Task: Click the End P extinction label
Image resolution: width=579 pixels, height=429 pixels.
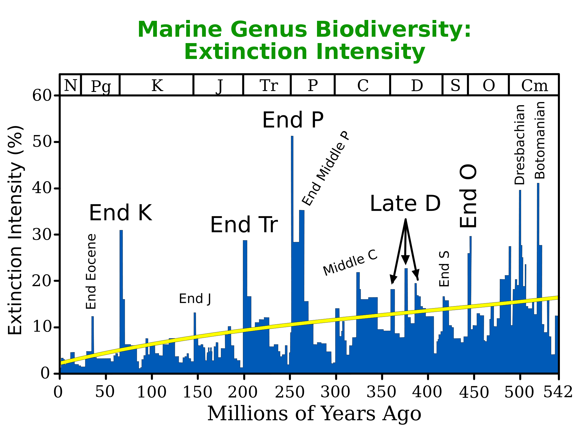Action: [x=293, y=120]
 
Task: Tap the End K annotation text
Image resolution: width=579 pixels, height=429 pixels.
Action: [x=120, y=213]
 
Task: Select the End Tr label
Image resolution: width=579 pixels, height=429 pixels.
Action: [x=244, y=225]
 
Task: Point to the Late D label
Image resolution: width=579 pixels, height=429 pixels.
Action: [x=405, y=204]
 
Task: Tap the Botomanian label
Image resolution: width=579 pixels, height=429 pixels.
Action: [x=540, y=140]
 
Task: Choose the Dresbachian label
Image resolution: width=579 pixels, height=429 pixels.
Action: [x=520, y=145]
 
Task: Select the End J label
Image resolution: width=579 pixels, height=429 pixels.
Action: [x=195, y=299]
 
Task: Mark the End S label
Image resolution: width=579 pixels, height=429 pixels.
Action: [x=444, y=269]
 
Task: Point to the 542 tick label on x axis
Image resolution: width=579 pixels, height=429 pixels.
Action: [x=558, y=392]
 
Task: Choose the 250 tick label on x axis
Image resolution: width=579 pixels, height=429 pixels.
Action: [x=290, y=392]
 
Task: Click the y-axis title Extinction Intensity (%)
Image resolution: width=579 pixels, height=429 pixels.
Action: [x=15, y=230]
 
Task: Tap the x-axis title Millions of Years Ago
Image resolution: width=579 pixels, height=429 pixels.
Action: [x=314, y=413]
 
